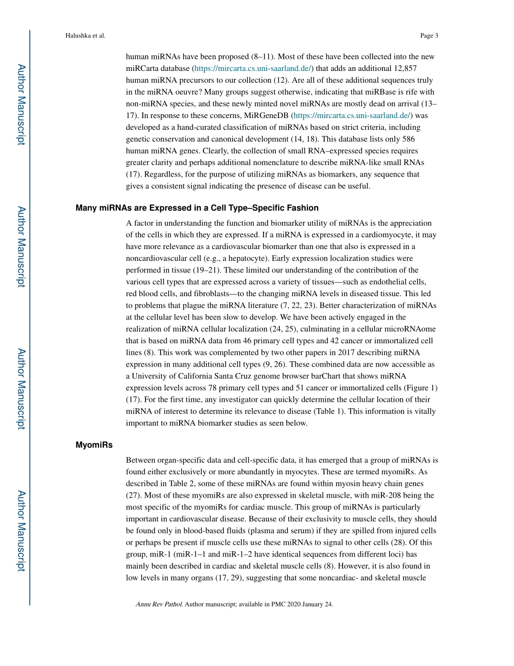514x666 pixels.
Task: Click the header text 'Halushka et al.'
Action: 85,36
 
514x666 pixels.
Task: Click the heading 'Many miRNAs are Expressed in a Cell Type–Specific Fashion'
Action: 197,208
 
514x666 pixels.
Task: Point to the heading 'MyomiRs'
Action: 94,445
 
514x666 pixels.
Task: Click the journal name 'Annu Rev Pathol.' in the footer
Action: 159,604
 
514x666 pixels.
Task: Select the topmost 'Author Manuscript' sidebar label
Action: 21,105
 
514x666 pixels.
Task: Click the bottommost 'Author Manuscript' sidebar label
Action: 21,531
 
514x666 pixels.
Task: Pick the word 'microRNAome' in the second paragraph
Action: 411,329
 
